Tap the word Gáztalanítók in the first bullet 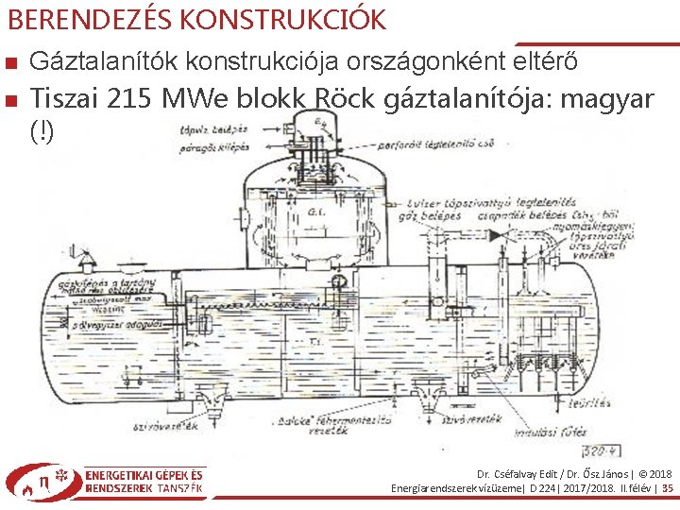point(105,62)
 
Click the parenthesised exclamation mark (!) point(42,131)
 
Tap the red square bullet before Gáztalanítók point(9,63)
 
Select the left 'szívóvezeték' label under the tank point(166,428)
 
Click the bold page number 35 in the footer point(667,488)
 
